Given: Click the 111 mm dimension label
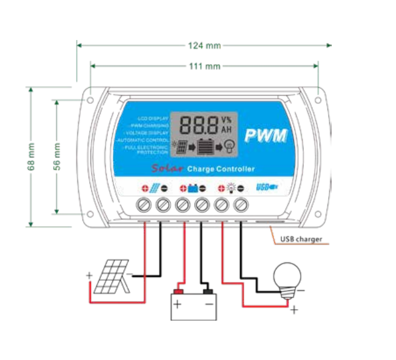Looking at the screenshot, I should click(204, 66).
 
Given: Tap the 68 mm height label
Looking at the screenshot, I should click(31, 157).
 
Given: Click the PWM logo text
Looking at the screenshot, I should click(266, 136).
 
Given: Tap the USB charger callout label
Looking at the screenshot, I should click(301, 239).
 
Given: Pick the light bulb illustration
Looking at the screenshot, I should click(286, 279).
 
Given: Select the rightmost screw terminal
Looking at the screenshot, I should click(241, 205).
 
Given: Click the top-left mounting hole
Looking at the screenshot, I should click(89, 97).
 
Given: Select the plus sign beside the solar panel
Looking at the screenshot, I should click(89, 276).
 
